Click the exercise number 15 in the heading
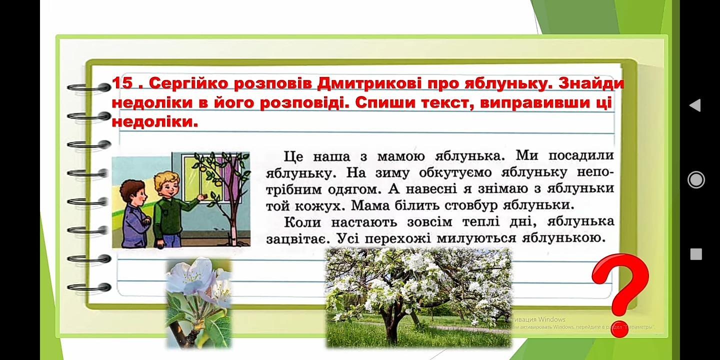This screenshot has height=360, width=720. (x=122, y=83)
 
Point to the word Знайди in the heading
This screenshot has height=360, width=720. (x=591, y=83)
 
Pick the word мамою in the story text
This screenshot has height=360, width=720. (x=401, y=157)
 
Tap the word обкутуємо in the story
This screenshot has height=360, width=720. (x=455, y=173)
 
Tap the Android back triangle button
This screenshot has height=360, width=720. (x=695, y=105)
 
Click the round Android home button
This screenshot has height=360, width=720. (x=696, y=179)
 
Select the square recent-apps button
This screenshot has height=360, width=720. (x=696, y=254)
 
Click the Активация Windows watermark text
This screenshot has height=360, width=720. (x=535, y=319)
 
